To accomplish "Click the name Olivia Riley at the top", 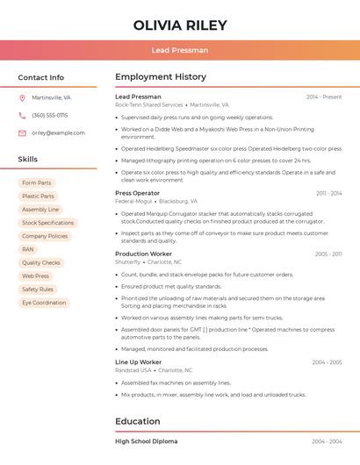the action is pyautogui.click(x=180, y=25).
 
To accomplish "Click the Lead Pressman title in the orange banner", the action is pyautogui.click(x=180, y=50).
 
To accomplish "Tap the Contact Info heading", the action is pyautogui.click(x=40, y=77).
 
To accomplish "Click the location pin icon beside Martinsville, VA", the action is pyautogui.click(x=22, y=97).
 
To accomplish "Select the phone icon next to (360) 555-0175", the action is pyautogui.click(x=22, y=115).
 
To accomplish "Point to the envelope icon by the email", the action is pyautogui.click(x=22, y=132).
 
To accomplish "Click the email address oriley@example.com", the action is pyautogui.click(x=58, y=132).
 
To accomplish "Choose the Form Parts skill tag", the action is pyautogui.click(x=36, y=182).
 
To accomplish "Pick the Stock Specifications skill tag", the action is pyautogui.click(x=47, y=223).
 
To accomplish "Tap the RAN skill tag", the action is pyautogui.click(x=28, y=249).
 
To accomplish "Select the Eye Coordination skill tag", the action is pyautogui.click(x=44, y=303).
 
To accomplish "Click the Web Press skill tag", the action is pyautogui.click(x=36, y=275).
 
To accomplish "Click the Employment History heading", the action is pyautogui.click(x=161, y=77).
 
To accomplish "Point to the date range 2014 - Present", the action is pyautogui.click(x=324, y=97).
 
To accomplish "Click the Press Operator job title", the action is pyautogui.click(x=137, y=193).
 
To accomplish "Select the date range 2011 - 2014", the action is pyautogui.click(x=328, y=193).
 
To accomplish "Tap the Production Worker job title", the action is pyautogui.click(x=144, y=254).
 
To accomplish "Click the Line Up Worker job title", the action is pyautogui.click(x=139, y=361).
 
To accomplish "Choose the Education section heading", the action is pyautogui.click(x=138, y=421).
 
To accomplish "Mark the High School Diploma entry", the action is pyautogui.click(x=146, y=441).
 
